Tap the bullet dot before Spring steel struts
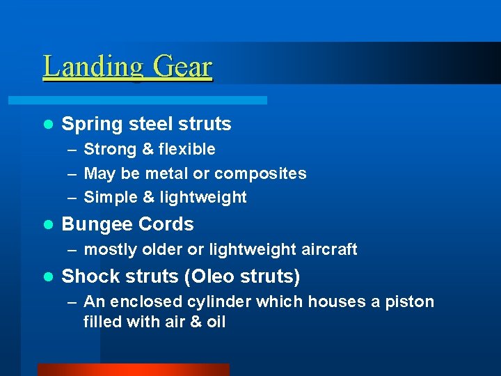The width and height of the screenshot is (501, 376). [x=47, y=125]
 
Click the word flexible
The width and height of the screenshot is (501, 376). [x=186, y=149]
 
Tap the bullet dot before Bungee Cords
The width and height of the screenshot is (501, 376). [x=47, y=225]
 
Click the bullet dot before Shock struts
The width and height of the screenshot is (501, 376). [x=47, y=277]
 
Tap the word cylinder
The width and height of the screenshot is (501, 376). [x=221, y=302]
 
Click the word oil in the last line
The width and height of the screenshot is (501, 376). [x=216, y=322]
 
